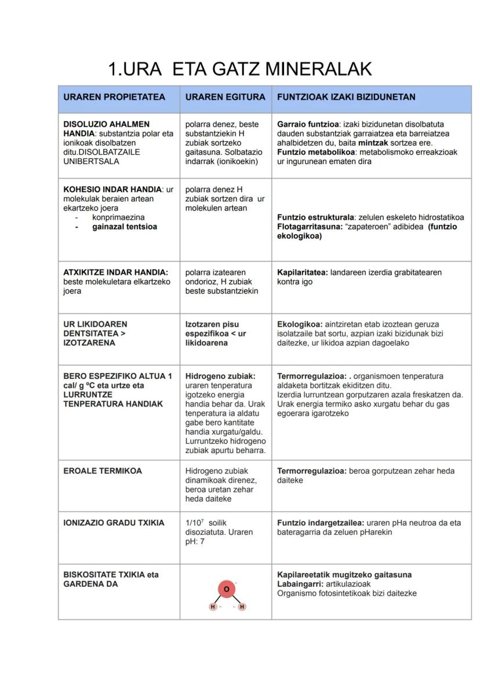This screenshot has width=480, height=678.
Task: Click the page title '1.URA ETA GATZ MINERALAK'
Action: click(x=239, y=70)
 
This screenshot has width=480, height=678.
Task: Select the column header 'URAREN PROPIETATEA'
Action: click(x=114, y=97)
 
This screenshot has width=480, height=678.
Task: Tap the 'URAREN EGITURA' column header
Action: click(x=225, y=97)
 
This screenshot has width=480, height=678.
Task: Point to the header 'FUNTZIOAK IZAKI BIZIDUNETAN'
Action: click(x=346, y=97)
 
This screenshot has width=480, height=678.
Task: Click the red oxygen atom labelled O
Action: click(x=226, y=589)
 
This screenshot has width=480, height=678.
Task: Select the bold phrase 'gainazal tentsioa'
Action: click(x=125, y=227)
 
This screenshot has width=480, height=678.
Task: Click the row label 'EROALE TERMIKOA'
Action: click(x=103, y=471)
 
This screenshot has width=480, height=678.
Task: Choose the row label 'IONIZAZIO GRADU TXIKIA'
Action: click(x=114, y=523)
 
